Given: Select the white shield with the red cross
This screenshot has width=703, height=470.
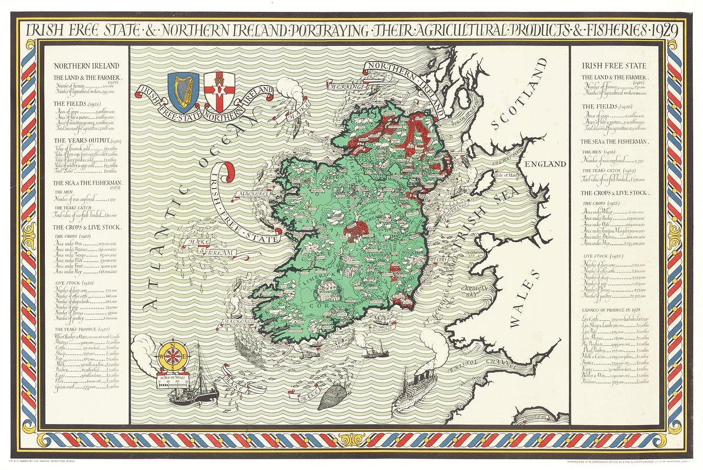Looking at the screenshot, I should click(x=218, y=86).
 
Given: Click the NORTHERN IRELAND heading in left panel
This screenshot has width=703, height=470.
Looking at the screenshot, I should click(x=87, y=66).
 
